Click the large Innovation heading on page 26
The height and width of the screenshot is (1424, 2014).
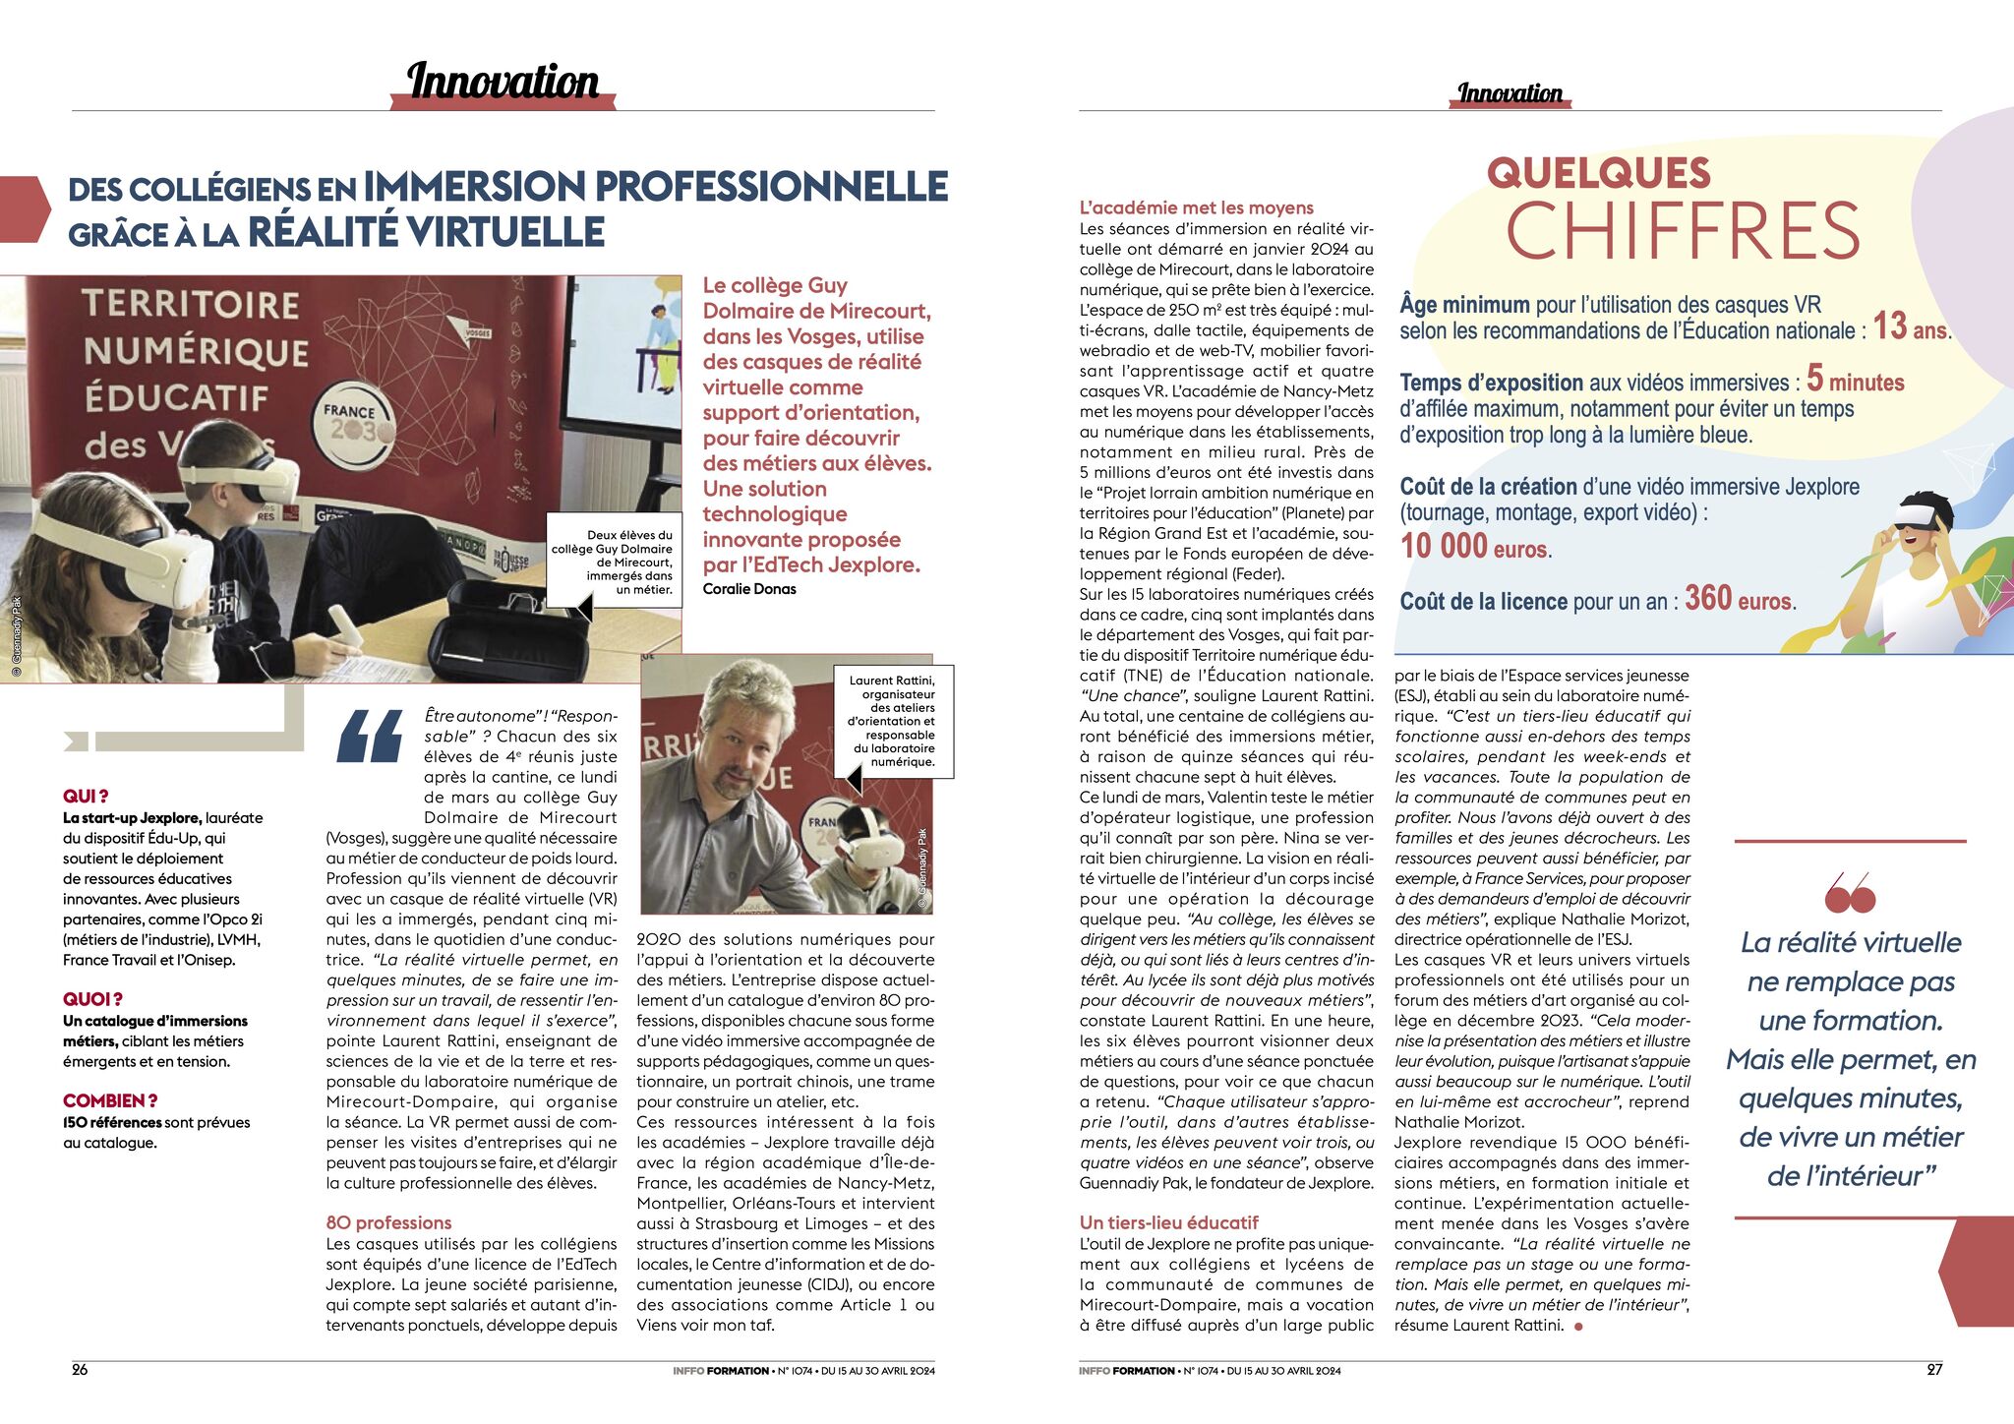coord(503,82)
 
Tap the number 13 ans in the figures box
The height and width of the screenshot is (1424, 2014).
coord(1910,326)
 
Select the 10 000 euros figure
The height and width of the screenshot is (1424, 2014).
coord(1475,547)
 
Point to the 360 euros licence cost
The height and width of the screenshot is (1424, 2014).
coord(1740,599)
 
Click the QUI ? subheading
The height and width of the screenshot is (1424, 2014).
coord(86,796)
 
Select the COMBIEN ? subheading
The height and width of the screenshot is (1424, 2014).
coord(110,1100)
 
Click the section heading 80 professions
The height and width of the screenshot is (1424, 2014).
coord(388,1222)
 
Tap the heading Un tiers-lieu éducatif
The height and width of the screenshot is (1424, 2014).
coord(1168,1222)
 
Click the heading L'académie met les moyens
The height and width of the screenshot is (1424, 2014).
coord(1196,208)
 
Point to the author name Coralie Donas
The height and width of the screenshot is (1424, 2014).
coord(749,589)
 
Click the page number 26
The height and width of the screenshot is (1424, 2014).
coord(80,1369)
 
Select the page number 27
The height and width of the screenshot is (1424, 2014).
coord(1933,1369)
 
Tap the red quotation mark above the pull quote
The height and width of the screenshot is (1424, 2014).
coord(1849,893)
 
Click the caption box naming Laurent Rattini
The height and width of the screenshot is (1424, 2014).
coord(893,721)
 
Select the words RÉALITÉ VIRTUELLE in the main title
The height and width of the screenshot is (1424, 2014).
coord(426,232)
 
